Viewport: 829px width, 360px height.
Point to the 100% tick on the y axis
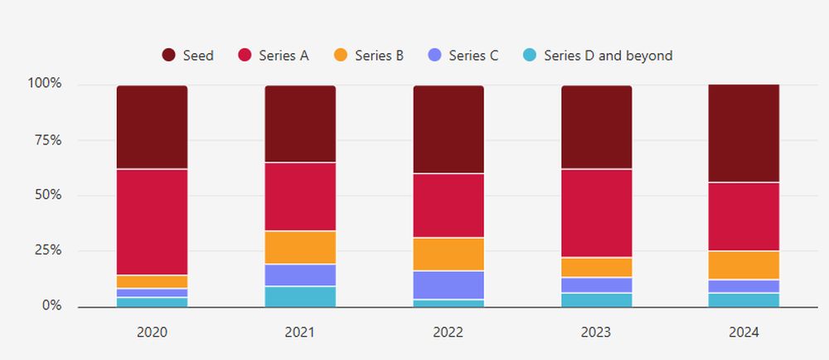(x=45, y=84)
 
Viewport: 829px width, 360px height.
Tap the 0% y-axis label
(x=51, y=306)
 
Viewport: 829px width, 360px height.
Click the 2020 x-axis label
(x=152, y=333)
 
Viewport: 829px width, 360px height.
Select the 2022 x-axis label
(x=448, y=333)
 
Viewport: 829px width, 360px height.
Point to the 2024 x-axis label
(x=744, y=333)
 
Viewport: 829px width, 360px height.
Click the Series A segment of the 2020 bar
(x=152, y=222)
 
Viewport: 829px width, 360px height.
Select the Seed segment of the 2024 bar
(x=744, y=133)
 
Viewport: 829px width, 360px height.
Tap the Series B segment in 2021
(x=300, y=247)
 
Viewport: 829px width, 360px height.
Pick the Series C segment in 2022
(x=448, y=285)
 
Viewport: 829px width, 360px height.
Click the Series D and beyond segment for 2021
(x=300, y=296)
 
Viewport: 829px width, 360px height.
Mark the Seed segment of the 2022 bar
(x=448, y=129)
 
